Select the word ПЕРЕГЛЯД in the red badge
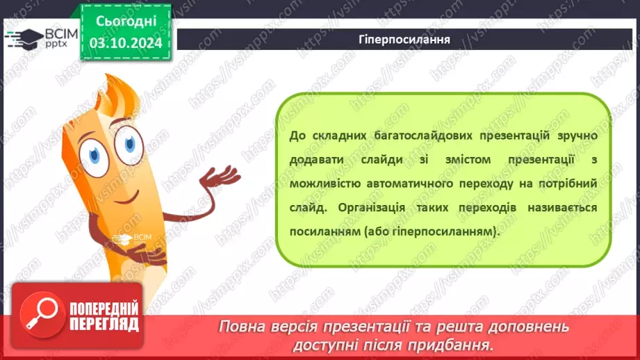click(104, 324)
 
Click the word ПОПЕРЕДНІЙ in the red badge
click(104, 308)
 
